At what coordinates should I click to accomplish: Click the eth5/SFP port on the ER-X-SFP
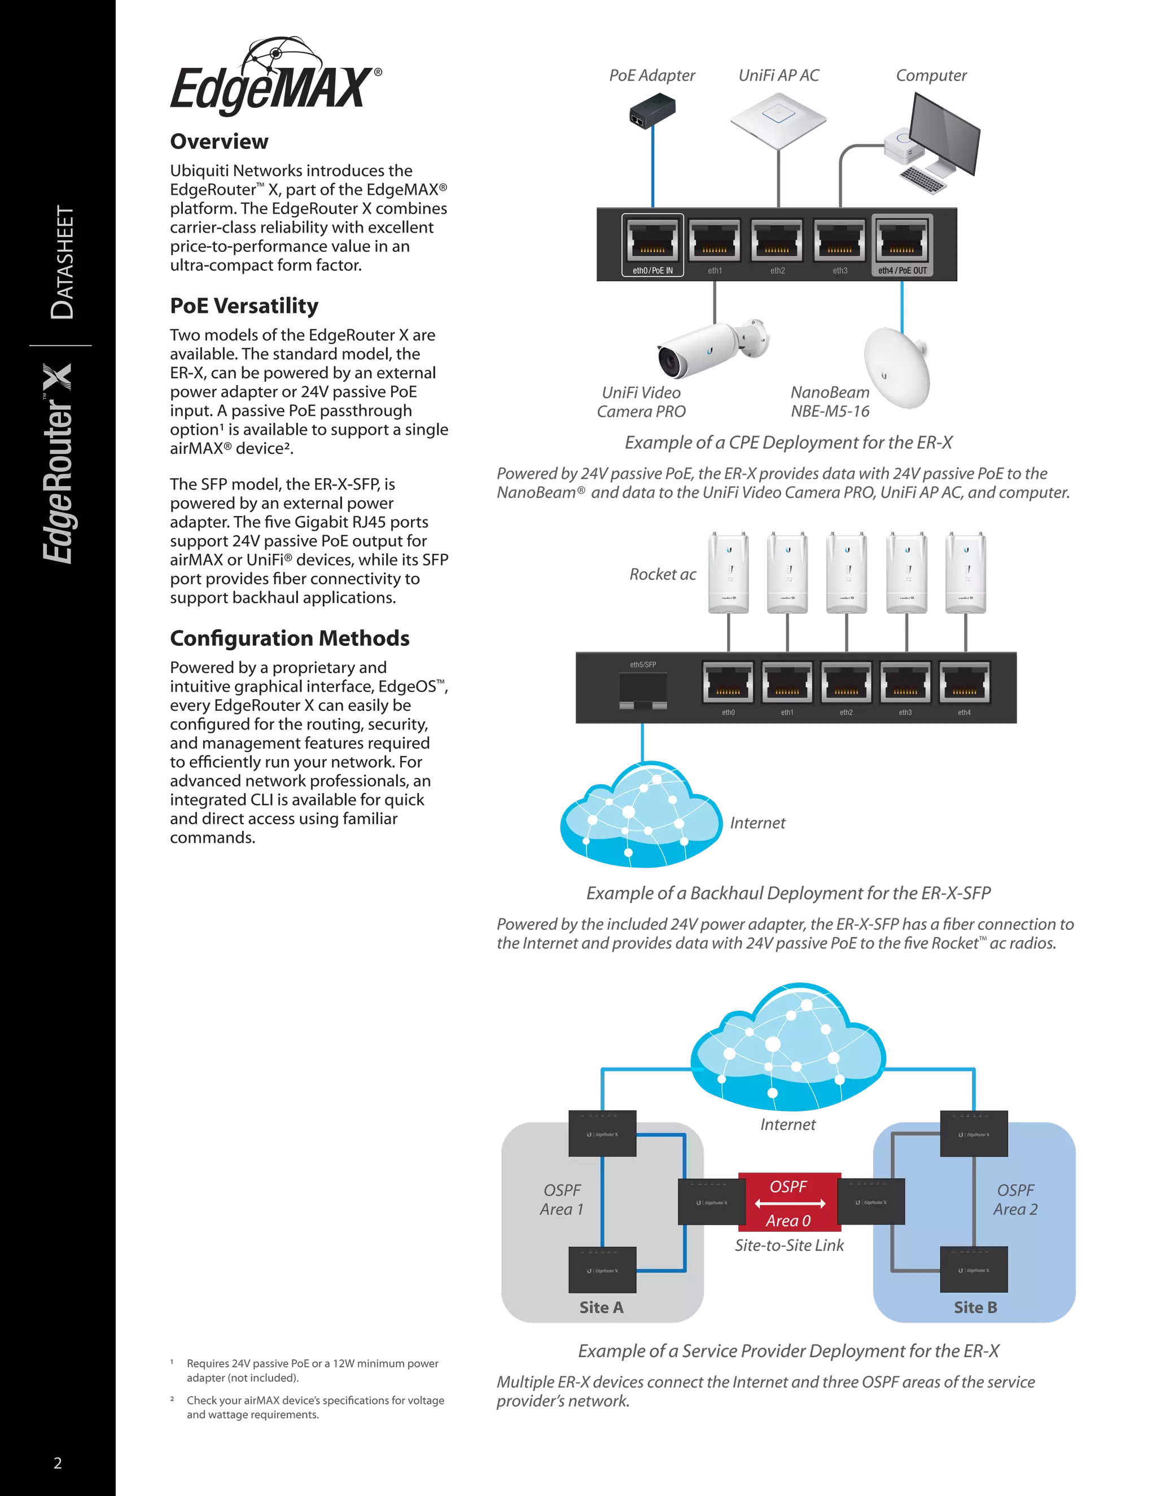[642, 690]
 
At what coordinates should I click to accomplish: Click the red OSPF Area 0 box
[789, 1204]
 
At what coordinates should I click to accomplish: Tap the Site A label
[601, 1307]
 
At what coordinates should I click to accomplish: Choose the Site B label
[975, 1307]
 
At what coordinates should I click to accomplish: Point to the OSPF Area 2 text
[1015, 1200]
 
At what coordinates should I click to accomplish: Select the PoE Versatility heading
[244, 305]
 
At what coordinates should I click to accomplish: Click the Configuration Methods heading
[290, 638]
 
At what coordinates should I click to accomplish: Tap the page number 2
[58, 1463]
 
